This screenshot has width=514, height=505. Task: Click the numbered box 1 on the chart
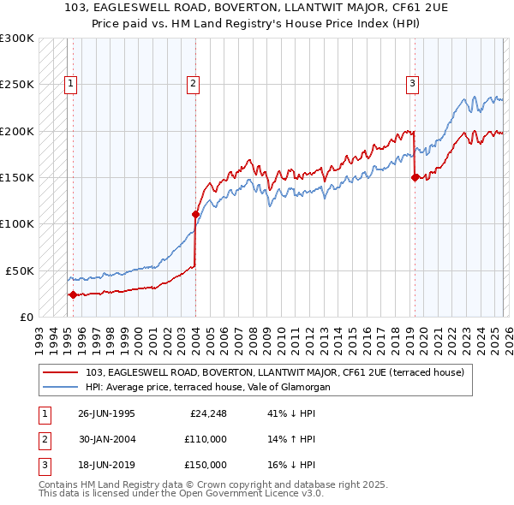pyautogui.click(x=69, y=83)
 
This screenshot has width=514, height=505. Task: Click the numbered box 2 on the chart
pyautogui.click(x=194, y=83)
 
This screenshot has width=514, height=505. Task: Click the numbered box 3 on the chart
pyautogui.click(x=413, y=83)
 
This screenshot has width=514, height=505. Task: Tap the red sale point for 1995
pyautogui.click(x=73, y=294)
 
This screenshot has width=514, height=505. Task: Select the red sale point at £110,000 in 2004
pyautogui.click(x=195, y=214)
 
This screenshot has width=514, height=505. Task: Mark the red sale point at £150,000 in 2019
pyautogui.click(x=415, y=177)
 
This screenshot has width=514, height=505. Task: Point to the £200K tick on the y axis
pyautogui.click(x=17, y=131)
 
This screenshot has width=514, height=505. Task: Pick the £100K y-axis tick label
pyautogui.click(x=17, y=223)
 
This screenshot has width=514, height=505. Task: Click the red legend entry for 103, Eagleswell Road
pyautogui.click(x=274, y=372)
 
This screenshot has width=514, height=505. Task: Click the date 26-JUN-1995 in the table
pyautogui.click(x=106, y=413)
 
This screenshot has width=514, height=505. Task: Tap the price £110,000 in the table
pyautogui.click(x=205, y=439)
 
